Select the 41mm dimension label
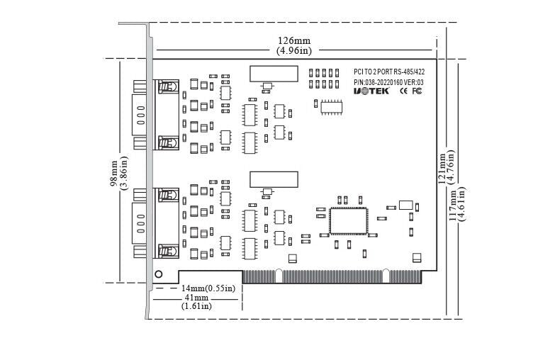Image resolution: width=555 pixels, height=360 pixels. coord(197,298)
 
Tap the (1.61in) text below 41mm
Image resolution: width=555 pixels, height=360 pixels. coord(197,307)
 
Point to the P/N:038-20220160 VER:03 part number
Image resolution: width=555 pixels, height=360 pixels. coord(388,82)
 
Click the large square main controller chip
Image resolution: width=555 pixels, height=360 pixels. coord(349,220)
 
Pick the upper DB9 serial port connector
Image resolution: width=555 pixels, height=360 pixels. coord(140,115)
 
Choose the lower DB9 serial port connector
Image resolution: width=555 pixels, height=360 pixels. coord(140,223)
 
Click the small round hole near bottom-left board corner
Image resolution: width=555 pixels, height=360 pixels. coord(159,274)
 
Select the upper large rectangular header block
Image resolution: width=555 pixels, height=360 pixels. coord(274,74)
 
